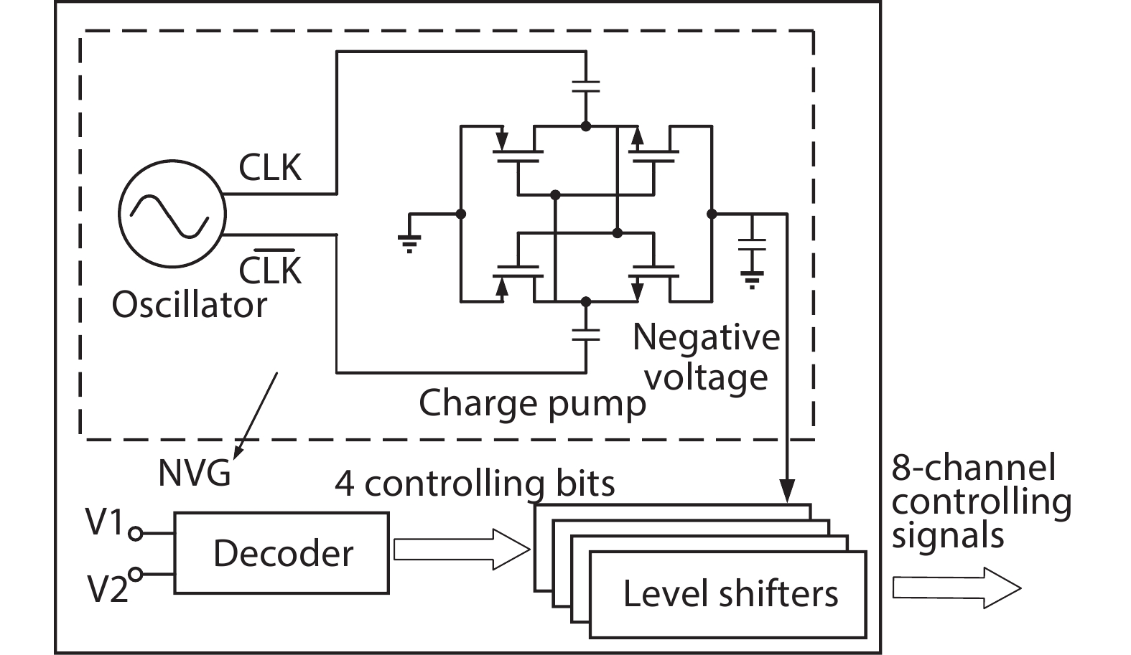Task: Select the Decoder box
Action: click(x=281, y=552)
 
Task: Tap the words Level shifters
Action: click(x=730, y=594)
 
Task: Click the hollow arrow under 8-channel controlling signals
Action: click(x=956, y=588)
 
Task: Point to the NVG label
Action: click(x=194, y=474)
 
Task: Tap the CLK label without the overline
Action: click(x=270, y=168)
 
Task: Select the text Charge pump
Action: click(x=532, y=403)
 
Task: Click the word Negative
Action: click(x=706, y=337)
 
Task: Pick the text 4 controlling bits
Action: click(x=475, y=484)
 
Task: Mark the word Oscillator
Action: click(x=190, y=305)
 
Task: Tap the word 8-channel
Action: click(x=974, y=468)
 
